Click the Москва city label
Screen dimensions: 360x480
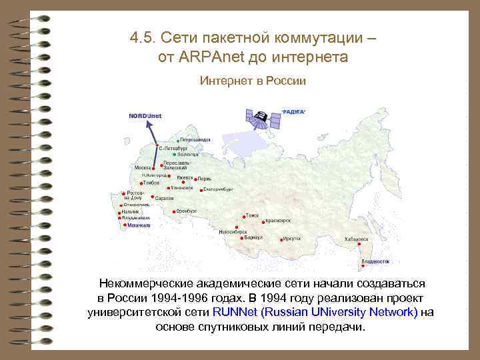click(142, 167)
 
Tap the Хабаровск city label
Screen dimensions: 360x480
click(357, 239)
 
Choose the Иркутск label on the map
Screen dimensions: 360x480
click(291, 238)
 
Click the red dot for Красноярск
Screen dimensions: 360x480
click(263, 221)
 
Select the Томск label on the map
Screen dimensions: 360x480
click(253, 215)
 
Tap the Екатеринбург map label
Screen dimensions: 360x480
click(217, 189)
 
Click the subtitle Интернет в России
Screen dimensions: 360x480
click(253, 81)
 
